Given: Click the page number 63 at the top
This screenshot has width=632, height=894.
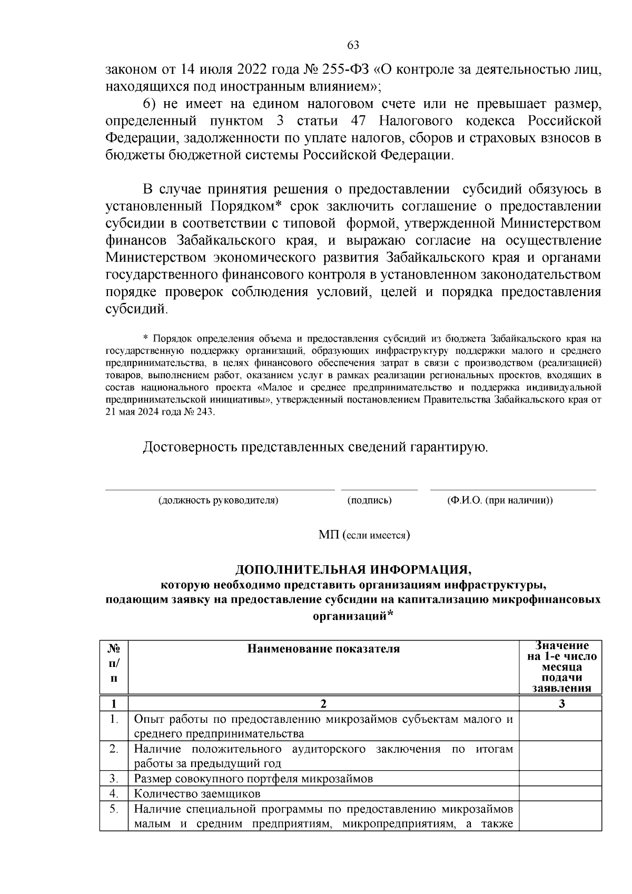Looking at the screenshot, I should pyautogui.click(x=353, y=45).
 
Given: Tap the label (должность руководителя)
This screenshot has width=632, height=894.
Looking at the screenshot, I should pyautogui.click(x=219, y=500).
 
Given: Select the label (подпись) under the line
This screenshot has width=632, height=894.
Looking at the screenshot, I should pyautogui.click(x=370, y=500).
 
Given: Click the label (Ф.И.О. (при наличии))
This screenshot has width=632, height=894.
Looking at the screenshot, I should pyautogui.click(x=499, y=500).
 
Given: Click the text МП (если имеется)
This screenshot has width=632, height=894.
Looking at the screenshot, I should pyautogui.click(x=364, y=535).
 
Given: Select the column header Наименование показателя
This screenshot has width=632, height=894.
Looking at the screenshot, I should pyautogui.click(x=323, y=649).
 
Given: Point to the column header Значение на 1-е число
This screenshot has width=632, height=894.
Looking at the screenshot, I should pyautogui.click(x=561, y=666).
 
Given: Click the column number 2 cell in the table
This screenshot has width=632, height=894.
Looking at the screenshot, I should pyautogui.click(x=323, y=704).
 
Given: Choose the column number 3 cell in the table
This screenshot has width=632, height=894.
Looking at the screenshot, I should pyautogui.click(x=561, y=704).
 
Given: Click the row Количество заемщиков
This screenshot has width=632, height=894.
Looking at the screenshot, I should pyautogui.click(x=197, y=793).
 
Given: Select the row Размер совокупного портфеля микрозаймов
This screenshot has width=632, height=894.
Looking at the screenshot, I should pyautogui.click(x=253, y=779).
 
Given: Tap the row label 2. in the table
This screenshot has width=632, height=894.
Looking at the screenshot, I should pyautogui.click(x=114, y=749).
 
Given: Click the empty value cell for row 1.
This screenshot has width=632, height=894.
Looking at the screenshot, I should pyautogui.click(x=561, y=726).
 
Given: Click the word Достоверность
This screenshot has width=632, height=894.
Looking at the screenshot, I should pyautogui.click(x=190, y=447).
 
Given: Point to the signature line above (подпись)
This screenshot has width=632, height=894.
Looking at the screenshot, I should pyautogui.click(x=379, y=490).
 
